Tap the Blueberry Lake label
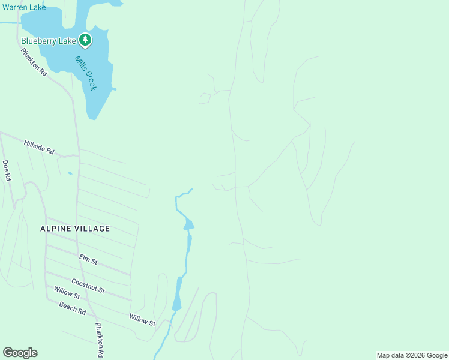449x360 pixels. pyautogui.click(x=49, y=41)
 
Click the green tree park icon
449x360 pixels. pyautogui.click(x=86, y=40)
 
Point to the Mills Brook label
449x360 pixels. pyautogui.click(x=86, y=73)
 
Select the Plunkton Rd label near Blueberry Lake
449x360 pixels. pyautogui.click(x=34, y=62)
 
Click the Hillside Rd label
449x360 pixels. pyautogui.click(x=39, y=148)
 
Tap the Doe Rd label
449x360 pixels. pyautogui.click(x=7, y=170)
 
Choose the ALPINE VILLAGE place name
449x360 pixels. pyautogui.click(x=75, y=229)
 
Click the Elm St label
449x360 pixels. pyautogui.click(x=88, y=259)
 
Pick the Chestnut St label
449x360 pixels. pyautogui.click(x=88, y=286)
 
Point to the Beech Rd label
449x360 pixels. pyautogui.click(x=72, y=309)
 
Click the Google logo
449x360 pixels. pyautogui.click(x=20, y=353)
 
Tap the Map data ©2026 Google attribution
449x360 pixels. pyautogui.click(x=412, y=355)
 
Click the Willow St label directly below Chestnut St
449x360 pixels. pyautogui.click(x=67, y=293)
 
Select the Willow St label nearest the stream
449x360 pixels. pyautogui.click(x=142, y=319)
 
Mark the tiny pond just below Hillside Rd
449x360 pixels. pyautogui.click(x=70, y=174)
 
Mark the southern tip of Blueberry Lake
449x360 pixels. pyautogui.click(x=92, y=117)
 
